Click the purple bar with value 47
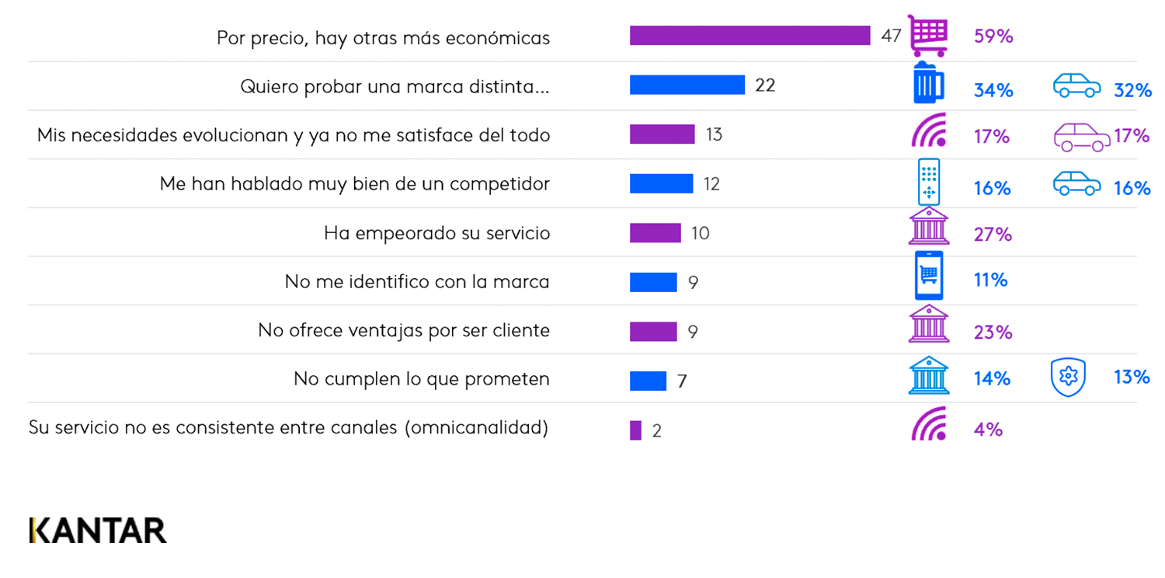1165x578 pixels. [749, 36]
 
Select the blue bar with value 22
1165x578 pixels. [687, 85]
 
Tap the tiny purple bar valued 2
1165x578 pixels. [635, 430]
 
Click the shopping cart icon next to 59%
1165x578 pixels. [928, 36]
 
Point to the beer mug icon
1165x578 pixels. [928, 83]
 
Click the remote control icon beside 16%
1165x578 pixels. [929, 183]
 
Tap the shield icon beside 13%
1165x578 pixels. [1068, 378]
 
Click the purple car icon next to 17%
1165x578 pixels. [1081, 137]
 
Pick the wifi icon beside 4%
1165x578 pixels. [929, 423]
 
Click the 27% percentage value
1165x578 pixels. [993, 235]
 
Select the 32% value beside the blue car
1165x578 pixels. [1132, 90]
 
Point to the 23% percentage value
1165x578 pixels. [993, 333]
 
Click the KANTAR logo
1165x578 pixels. [98, 530]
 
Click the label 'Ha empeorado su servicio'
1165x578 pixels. [436, 233]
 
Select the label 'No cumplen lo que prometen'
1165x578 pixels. [421, 379]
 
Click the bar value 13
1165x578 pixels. [714, 134]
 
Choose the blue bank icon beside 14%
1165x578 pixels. [929, 375]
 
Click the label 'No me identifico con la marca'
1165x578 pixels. [417, 281]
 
